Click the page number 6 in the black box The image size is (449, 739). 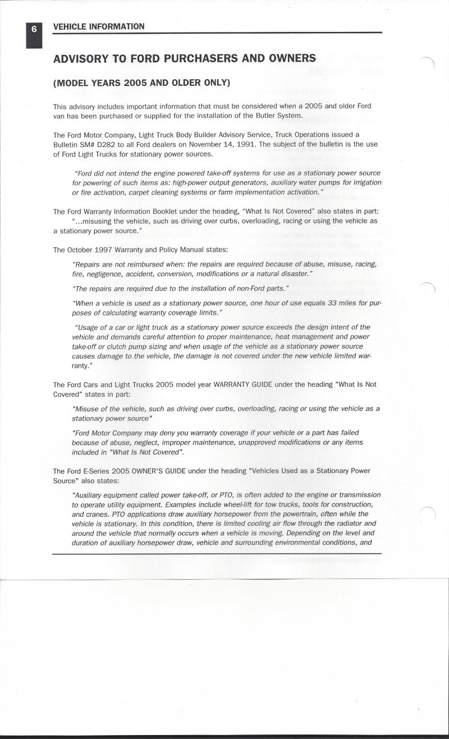34,27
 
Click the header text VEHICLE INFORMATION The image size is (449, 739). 98,26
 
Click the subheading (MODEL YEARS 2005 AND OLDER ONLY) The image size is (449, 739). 142,83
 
